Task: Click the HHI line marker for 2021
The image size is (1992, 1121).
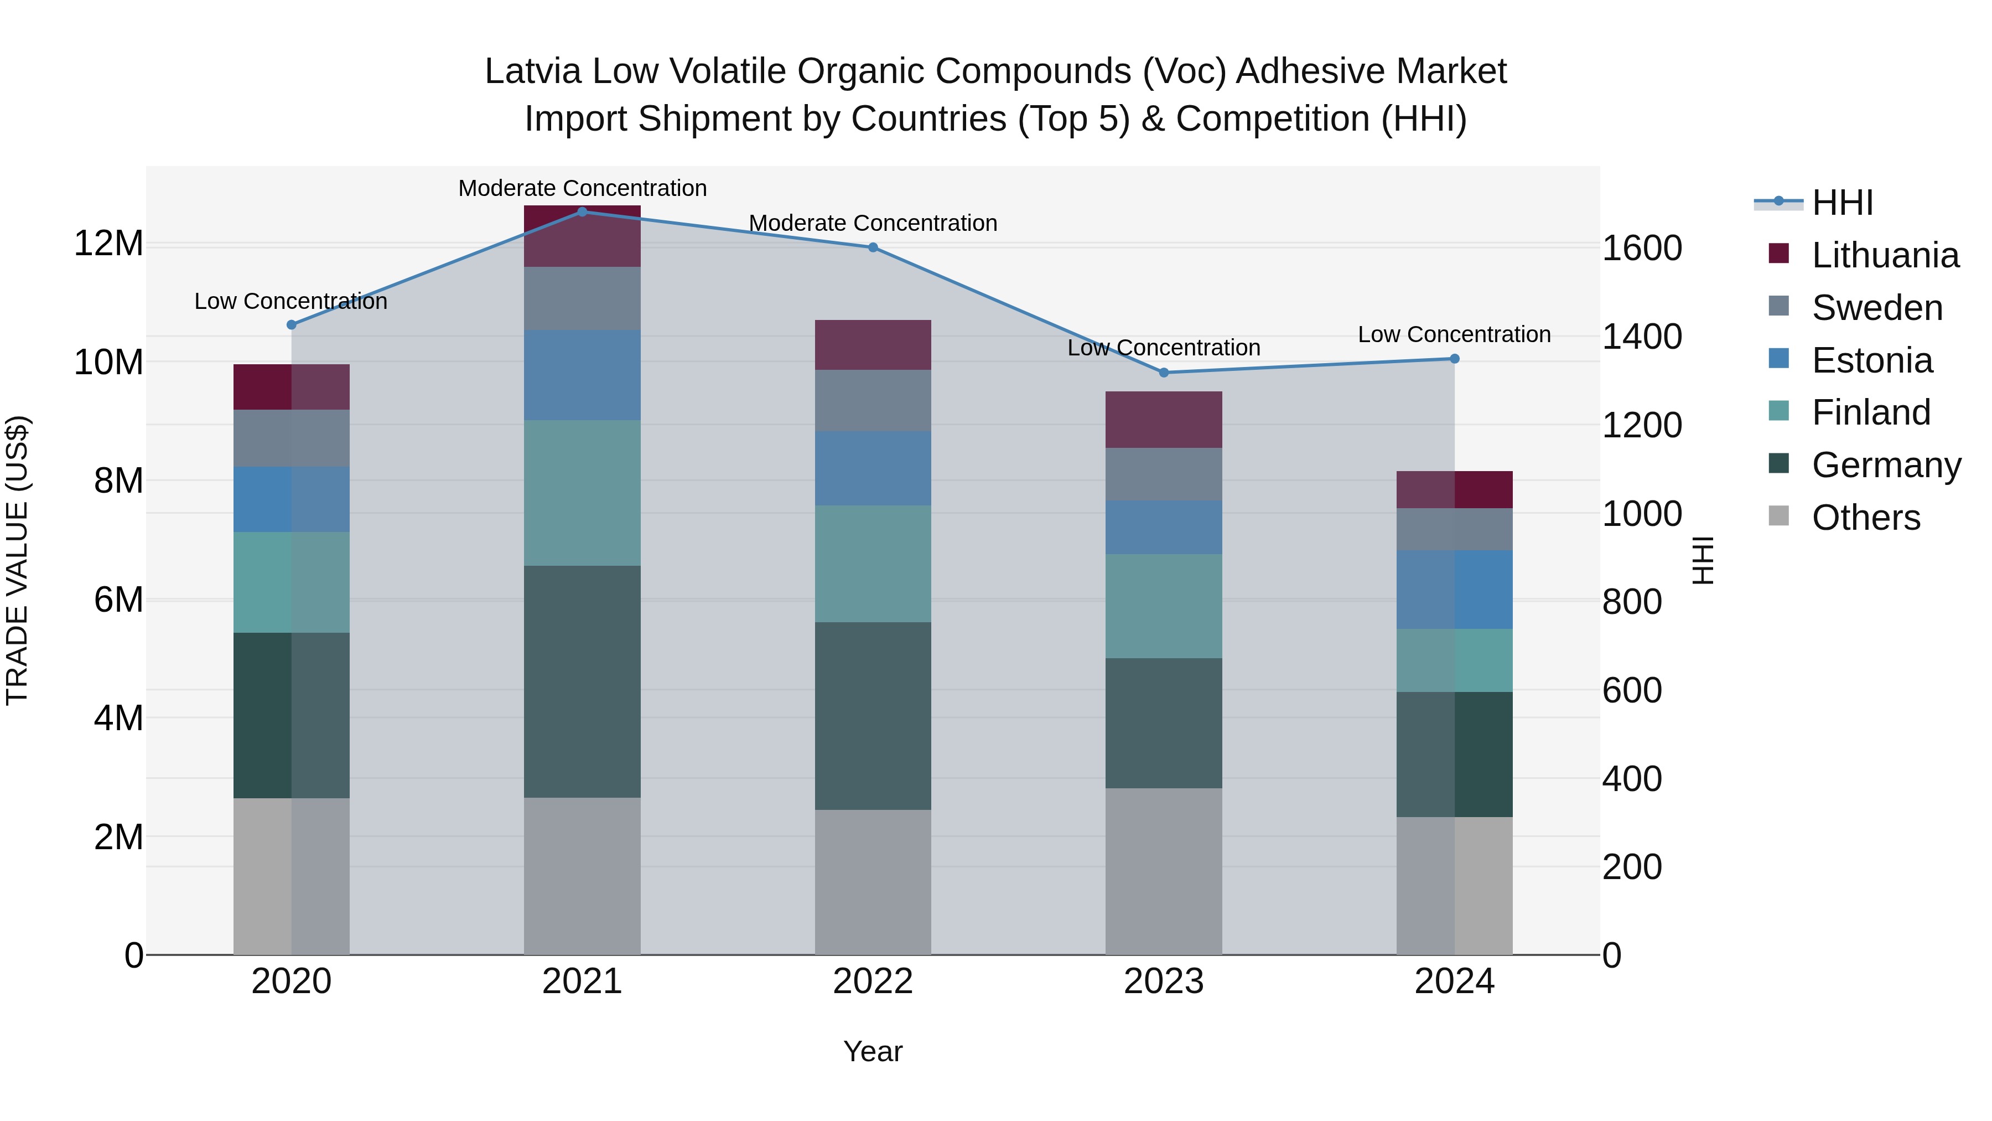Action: [x=582, y=211]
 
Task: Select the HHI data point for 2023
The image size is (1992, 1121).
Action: [x=1164, y=372]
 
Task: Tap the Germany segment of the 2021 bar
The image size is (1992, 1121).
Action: [x=582, y=681]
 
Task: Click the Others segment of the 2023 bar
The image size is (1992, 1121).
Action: [x=1164, y=871]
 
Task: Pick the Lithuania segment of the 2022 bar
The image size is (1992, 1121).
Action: [x=873, y=344]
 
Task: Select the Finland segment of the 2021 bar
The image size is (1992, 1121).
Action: [x=582, y=493]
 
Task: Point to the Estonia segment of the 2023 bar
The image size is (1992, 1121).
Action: [x=1164, y=527]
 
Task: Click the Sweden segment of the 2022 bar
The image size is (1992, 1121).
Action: [x=873, y=400]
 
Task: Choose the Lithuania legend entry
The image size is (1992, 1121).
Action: [x=1885, y=255]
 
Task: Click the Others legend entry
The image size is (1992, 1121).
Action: [x=1865, y=518]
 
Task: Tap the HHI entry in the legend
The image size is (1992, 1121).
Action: [x=1842, y=203]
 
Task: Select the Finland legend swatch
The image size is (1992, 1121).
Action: [x=1778, y=411]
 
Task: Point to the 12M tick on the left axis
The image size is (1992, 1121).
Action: [x=108, y=244]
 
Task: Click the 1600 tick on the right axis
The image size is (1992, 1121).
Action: [x=1642, y=249]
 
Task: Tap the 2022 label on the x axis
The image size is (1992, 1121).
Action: [x=873, y=981]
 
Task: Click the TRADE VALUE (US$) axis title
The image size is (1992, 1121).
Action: [x=17, y=560]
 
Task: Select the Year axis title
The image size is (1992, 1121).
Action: [x=873, y=1051]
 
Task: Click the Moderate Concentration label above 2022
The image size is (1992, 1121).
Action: [x=873, y=223]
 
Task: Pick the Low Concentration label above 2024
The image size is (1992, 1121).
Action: [x=1454, y=334]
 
